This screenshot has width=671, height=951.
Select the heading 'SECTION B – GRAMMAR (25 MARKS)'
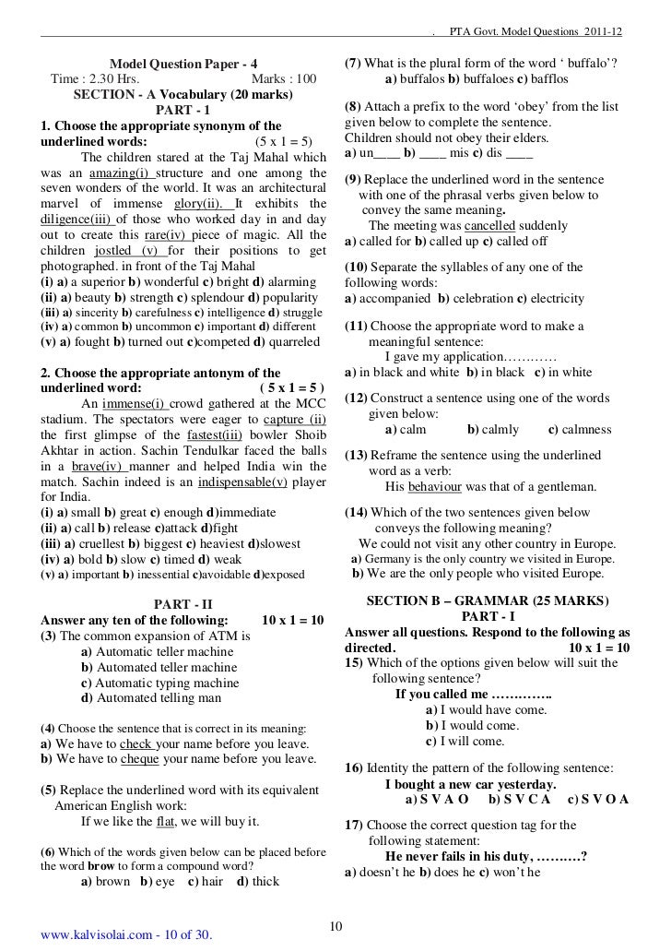(x=489, y=600)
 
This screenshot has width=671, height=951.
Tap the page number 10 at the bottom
(x=335, y=927)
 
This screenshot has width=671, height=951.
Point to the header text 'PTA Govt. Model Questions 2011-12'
(x=535, y=33)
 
